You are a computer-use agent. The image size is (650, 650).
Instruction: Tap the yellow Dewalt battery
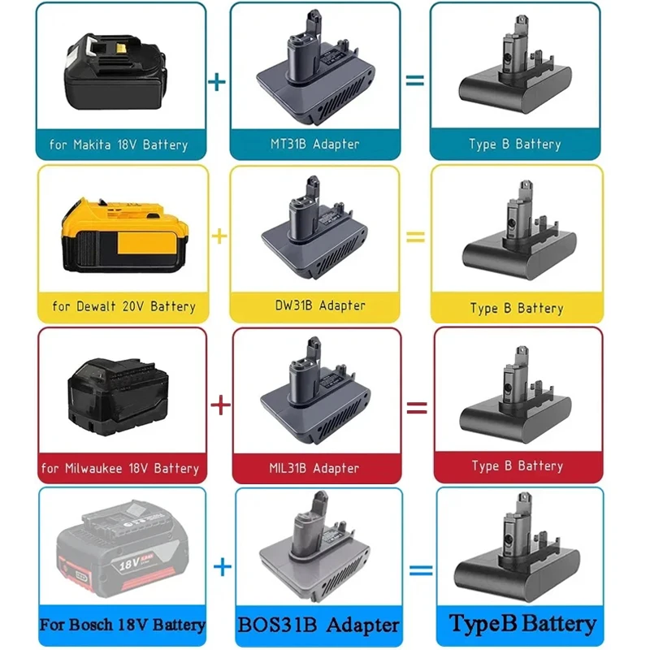coord(119,234)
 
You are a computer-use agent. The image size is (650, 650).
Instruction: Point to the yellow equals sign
coord(415,237)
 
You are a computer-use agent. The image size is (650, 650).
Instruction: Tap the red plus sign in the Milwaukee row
coord(220,404)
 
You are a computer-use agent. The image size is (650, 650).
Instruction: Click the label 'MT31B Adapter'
coord(315,144)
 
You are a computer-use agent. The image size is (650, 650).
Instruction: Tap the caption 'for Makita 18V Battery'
coord(119,145)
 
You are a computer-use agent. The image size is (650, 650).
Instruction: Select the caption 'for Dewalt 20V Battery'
coord(123,307)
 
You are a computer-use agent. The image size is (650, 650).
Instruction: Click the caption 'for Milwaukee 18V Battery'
coord(119,469)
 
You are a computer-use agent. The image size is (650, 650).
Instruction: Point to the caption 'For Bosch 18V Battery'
coord(122,626)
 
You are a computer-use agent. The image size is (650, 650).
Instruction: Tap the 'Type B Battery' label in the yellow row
coord(517,309)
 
